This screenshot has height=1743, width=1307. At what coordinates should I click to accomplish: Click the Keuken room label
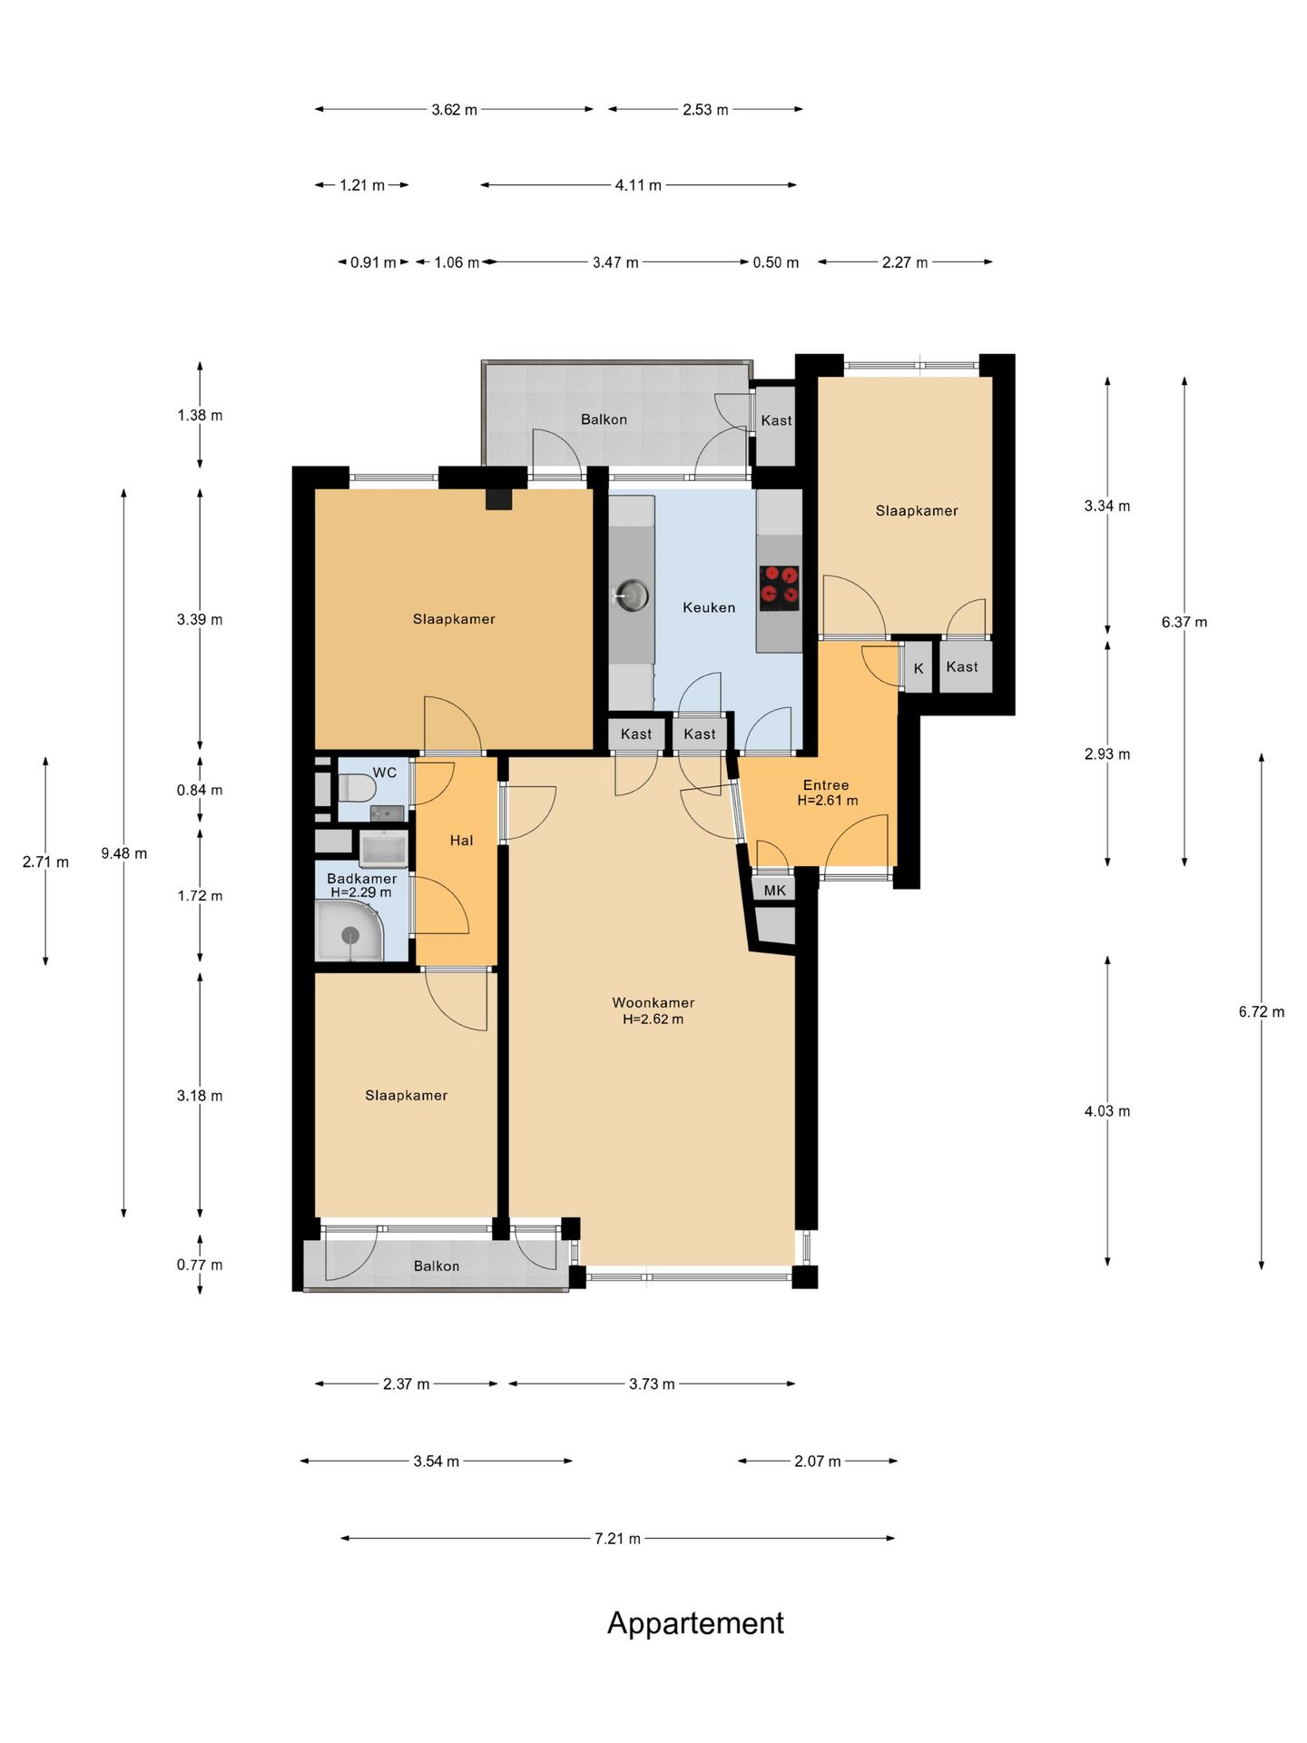coord(709,607)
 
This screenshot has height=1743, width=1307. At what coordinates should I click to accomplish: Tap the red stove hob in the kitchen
coord(780,586)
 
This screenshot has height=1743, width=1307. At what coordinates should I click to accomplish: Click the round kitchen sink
coord(632,596)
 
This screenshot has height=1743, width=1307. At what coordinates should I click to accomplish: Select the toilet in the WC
coord(357,787)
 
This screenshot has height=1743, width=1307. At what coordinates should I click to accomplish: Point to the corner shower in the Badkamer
coord(349,932)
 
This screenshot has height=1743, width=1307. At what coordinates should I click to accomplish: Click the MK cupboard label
coord(775,891)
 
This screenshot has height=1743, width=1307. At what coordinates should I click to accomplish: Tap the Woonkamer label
coord(653,1003)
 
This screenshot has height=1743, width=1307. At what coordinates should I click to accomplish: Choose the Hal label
coord(462,841)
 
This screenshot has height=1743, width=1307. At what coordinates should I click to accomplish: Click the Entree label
coord(826,785)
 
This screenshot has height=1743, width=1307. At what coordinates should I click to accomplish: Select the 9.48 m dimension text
coord(124,853)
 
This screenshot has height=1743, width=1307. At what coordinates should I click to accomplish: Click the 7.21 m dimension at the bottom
coord(618,1539)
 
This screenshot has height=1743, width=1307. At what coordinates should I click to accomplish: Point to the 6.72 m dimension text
coord(1262,1011)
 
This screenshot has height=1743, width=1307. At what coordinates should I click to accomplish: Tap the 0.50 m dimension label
coord(776,262)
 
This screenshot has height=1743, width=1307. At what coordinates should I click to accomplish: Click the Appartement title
coord(695,1623)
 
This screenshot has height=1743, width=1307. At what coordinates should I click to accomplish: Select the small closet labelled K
coord(919,668)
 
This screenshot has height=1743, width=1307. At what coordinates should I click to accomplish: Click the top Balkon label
coord(604,419)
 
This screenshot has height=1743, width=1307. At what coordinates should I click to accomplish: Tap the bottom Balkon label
coord(437,1266)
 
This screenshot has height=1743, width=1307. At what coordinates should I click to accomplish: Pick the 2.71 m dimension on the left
coord(45,862)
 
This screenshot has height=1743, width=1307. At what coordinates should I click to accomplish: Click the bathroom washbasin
coord(383,851)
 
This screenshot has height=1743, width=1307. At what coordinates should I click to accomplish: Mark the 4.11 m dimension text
coord(638,185)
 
